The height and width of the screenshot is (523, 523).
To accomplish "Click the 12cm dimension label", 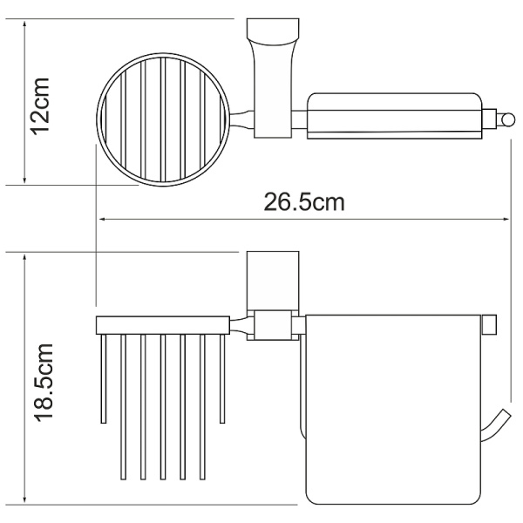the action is [41, 106].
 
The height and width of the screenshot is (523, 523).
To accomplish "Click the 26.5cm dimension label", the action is [304, 202].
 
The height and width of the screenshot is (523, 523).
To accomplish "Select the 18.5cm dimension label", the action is [44, 383].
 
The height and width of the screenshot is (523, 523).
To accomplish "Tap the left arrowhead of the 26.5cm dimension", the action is [103, 219].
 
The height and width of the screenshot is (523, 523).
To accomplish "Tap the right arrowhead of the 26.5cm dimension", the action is [506, 219].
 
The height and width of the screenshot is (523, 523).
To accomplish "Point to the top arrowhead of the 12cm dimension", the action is [24, 24].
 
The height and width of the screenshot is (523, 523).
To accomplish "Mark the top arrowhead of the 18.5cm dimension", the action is [24, 258].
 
